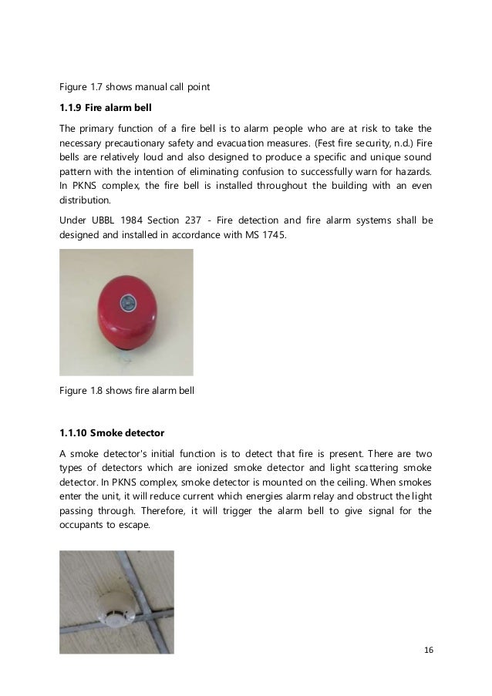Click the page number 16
click(429, 649)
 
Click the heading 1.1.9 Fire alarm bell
click(107, 108)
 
